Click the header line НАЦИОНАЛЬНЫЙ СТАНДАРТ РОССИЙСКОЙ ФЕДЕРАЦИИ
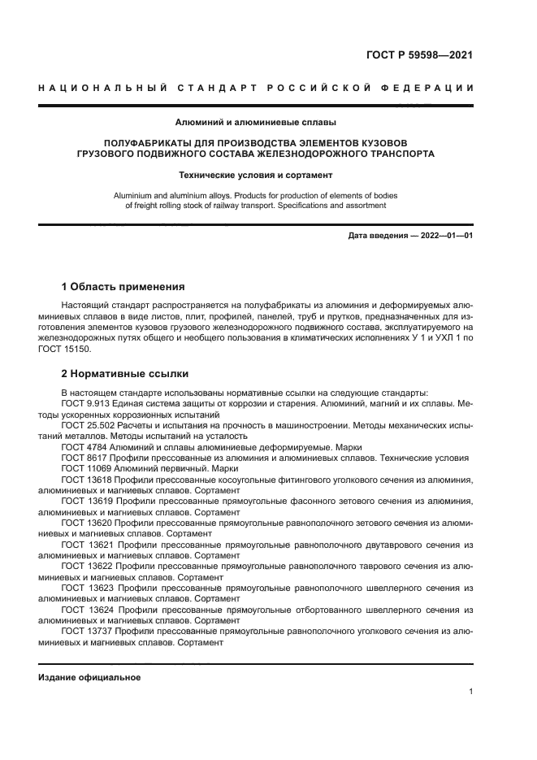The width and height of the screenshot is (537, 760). tap(256, 88)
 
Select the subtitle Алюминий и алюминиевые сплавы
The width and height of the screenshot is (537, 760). tap(256, 124)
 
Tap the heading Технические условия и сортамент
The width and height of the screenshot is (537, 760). tap(256, 175)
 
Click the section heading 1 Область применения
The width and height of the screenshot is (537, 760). tap(123, 287)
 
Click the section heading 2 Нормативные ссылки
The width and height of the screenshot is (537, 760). tap(125, 374)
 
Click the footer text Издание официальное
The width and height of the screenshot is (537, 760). tap(89, 677)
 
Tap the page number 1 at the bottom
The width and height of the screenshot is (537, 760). tap(471, 692)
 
